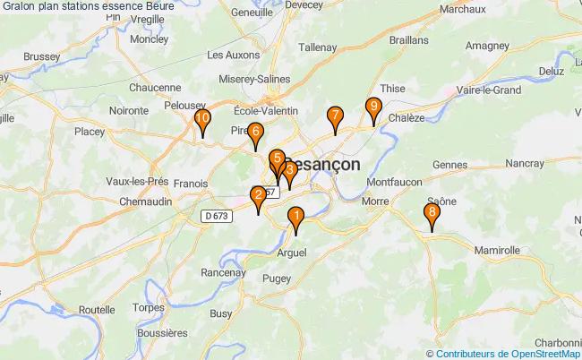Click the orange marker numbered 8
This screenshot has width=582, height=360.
[432, 213]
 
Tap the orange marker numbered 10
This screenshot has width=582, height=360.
[203, 118]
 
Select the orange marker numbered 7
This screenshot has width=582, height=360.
[335, 116]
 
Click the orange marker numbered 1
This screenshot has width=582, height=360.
[295, 216]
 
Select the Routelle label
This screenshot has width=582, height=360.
[97, 309]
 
